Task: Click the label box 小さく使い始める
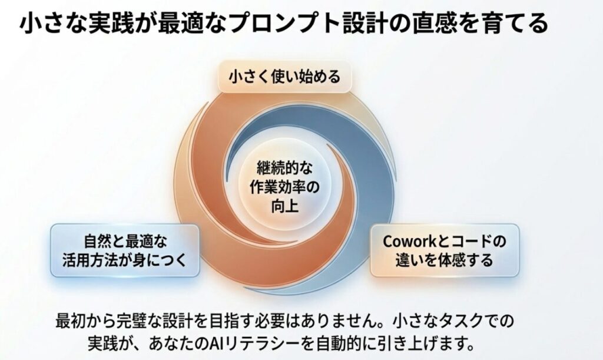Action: pyautogui.click(x=284, y=76)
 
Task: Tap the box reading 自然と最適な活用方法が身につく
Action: pyautogui.click(x=125, y=250)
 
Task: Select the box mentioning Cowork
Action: pyautogui.click(x=445, y=250)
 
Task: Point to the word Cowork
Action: pyautogui.click(x=409, y=242)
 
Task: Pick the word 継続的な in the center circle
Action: pyautogui.click(x=284, y=168)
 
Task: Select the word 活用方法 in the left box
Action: pyautogui.click(x=90, y=260)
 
